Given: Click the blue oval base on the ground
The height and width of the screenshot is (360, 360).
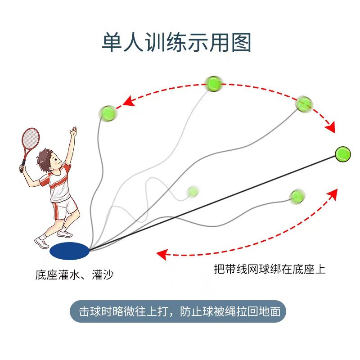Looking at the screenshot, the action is tap(70, 251).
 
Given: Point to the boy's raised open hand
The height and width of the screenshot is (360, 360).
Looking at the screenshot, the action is tap(73, 131).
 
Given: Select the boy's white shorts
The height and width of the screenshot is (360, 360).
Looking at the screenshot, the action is tap(64, 207).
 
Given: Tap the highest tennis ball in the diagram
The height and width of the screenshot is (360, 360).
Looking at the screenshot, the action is tap(213, 83).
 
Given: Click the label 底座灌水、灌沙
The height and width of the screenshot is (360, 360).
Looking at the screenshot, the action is tap(74, 274).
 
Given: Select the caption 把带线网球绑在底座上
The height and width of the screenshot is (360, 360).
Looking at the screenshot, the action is tap(270, 269).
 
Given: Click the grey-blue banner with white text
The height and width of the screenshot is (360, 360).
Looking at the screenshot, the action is tap(178, 311).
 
